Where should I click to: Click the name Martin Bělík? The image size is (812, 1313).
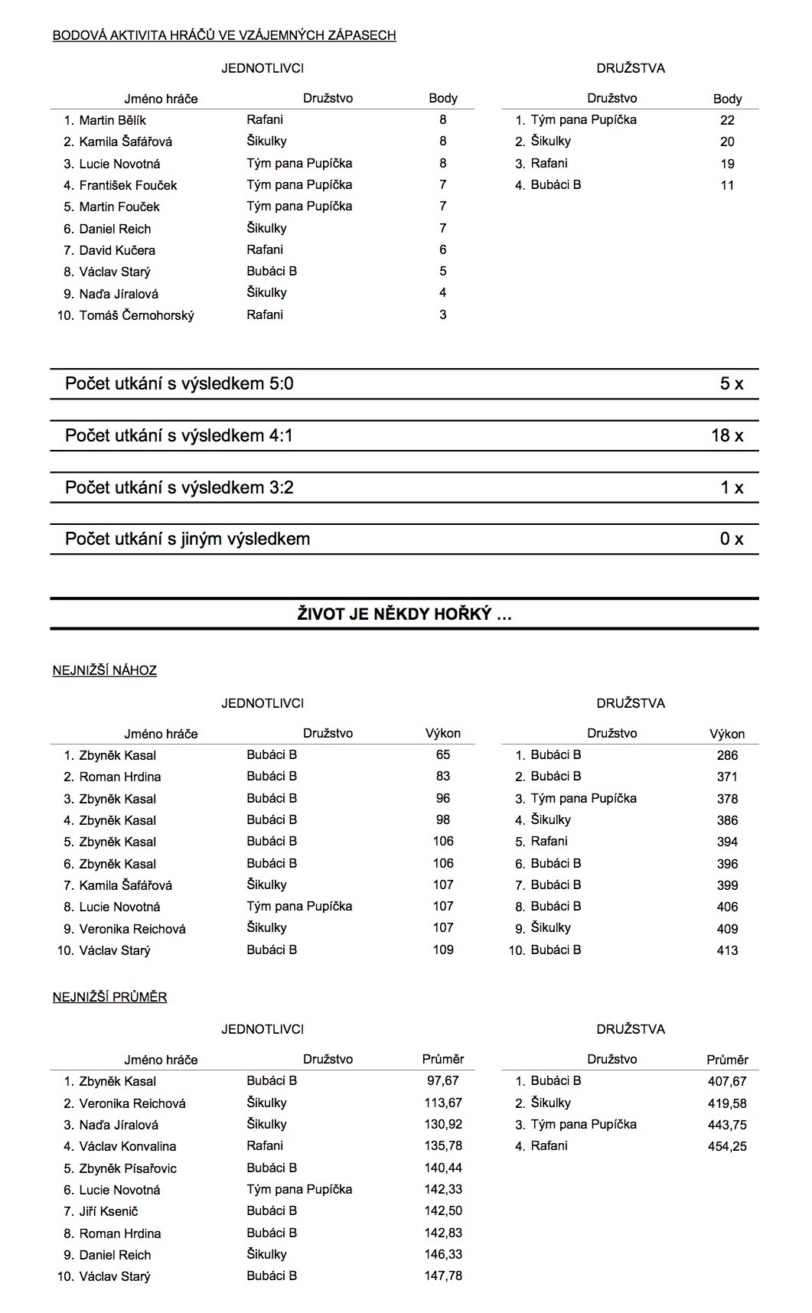pos(113,120)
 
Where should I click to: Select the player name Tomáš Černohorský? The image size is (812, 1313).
pos(136,315)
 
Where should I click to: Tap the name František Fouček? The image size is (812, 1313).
pos(128,185)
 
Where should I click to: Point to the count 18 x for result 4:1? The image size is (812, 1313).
pos(726,435)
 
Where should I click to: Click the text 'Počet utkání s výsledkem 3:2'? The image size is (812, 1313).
pos(179,487)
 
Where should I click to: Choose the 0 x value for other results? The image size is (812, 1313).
pos(731,539)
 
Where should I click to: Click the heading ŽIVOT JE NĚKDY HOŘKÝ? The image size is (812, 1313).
pos(404,614)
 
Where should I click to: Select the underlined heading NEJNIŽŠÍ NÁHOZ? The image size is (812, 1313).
pos(105,670)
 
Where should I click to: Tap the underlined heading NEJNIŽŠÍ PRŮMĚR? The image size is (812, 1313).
pos(109,996)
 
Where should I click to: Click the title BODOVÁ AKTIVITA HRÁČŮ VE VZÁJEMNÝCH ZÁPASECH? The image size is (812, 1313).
pos(224,35)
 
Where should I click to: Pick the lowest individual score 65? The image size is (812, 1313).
pos(443,754)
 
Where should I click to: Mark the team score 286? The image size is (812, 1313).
pos(727,755)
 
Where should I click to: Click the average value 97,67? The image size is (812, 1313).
pos(443,1080)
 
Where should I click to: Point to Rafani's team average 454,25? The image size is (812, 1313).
pos(727,1146)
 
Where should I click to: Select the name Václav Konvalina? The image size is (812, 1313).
pos(128,1146)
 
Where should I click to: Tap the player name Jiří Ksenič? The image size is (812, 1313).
pos(109,1211)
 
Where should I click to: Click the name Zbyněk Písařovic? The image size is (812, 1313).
pos(128,1168)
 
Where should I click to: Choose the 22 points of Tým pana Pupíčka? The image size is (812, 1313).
pos(727,120)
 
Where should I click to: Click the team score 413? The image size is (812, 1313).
pos(727,950)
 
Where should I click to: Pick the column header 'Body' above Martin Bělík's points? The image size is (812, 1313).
pos(443,98)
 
